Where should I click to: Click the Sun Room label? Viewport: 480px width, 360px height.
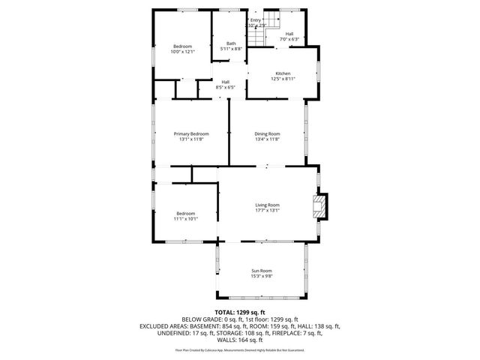(x=261, y=270)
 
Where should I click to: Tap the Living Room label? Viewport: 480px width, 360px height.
(x=267, y=205)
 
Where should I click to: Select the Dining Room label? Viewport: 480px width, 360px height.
(x=267, y=133)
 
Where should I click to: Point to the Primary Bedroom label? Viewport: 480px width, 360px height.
(x=191, y=133)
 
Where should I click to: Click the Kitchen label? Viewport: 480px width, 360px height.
(x=283, y=73)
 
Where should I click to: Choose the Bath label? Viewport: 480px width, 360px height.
(x=232, y=43)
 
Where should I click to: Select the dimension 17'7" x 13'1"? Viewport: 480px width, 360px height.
(x=267, y=211)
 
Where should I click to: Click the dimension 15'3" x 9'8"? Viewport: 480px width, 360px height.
(x=261, y=276)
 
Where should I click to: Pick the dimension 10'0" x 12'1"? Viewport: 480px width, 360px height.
(x=182, y=52)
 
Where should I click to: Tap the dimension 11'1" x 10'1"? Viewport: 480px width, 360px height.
(x=185, y=219)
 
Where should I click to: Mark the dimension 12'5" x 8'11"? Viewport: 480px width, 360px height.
(x=283, y=79)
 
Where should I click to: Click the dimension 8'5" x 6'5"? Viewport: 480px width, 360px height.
(x=225, y=87)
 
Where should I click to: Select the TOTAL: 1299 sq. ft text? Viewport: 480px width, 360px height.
(x=240, y=312)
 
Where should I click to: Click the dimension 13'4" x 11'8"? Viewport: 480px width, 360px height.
(x=267, y=139)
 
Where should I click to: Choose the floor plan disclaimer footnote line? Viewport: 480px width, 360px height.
(x=240, y=349)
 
